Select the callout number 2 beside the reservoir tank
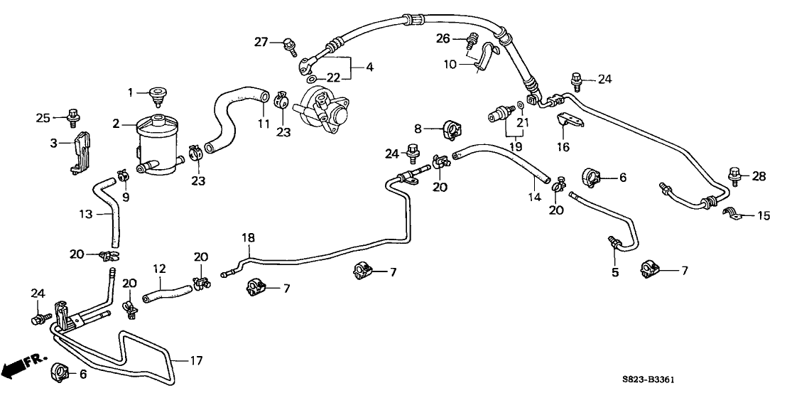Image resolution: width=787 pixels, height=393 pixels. (116, 124)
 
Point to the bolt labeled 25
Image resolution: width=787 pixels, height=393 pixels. (72, 114)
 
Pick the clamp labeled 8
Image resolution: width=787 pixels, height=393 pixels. (450, 130)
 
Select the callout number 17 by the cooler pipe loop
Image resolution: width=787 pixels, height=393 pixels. (197, 360)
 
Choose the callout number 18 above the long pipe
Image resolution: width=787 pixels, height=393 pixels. (249, 238)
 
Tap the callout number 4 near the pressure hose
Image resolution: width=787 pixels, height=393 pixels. (369, 68)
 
